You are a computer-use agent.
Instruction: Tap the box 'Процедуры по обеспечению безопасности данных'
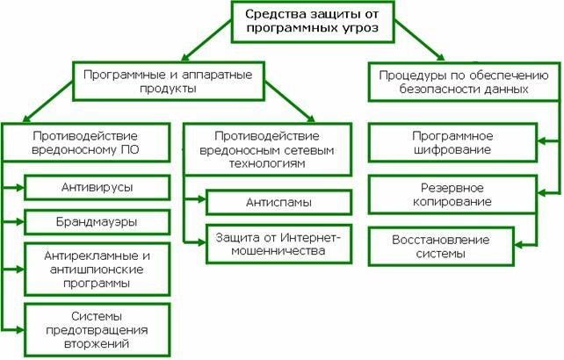[x=459, y=83]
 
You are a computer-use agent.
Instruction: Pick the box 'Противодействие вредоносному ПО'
[x=84, y=144]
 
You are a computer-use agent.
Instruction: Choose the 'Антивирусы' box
[x=98, y=187]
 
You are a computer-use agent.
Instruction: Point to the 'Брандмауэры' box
[x=98, y=221]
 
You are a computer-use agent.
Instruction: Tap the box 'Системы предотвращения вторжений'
[x=98, y=329]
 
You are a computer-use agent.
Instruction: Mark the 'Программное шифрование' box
[x=452, y=143]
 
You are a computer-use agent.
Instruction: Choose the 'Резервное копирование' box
[x=452, y=195]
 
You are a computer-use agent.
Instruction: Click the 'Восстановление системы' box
[x=452, y=247]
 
